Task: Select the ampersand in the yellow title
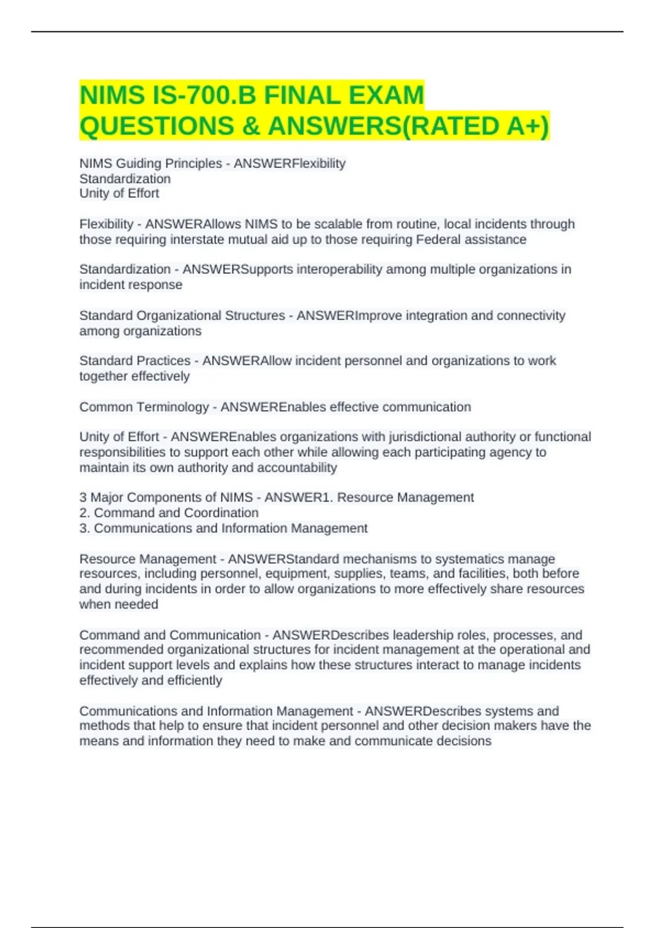pos(251,126)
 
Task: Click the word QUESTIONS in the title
pos(157,126)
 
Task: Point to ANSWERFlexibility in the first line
pos(290,163)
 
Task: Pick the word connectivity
pos(531,316)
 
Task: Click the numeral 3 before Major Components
pos(83,497)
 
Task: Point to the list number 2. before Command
pos(85,513)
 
